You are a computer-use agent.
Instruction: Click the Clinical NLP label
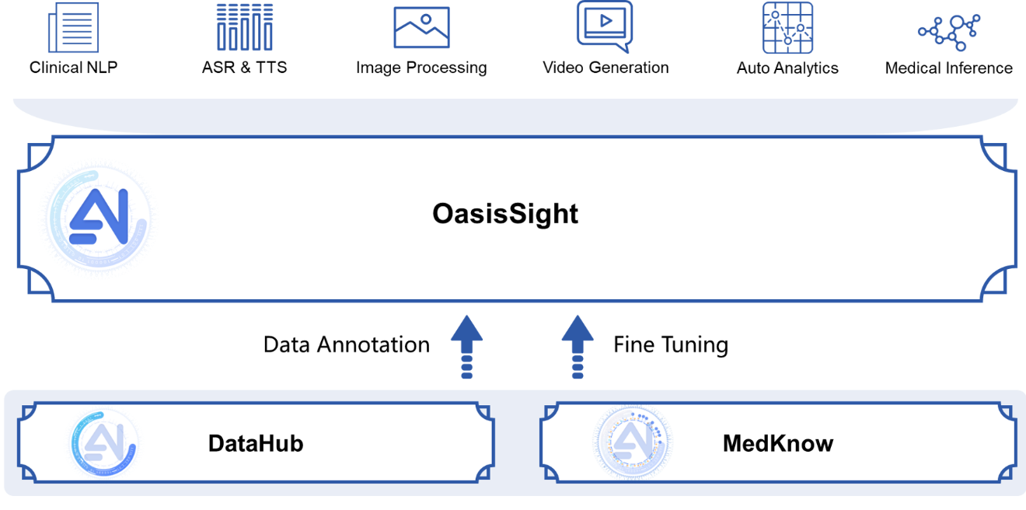[x=73, y=68]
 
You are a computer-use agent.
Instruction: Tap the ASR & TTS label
[x=244, y=68]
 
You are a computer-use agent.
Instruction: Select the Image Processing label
[x=421, y=68]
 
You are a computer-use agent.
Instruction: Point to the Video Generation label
[x=605, y=68]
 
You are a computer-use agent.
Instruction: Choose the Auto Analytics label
[x=787, y=68]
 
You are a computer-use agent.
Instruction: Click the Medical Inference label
[x=948, y=68]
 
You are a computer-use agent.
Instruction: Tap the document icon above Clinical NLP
[x=73, y=27]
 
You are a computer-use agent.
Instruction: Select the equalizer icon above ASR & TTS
[x=244, y=27]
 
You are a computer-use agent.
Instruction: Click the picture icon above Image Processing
[x=421, y=28]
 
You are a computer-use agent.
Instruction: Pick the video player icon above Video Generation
[x=604, y=26]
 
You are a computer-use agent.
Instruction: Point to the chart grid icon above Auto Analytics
[x=787, y=28]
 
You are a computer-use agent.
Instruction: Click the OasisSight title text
[x=505, y=214]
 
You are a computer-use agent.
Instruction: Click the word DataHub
[x=255, y=444]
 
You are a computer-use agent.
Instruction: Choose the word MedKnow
[x=777, y=444]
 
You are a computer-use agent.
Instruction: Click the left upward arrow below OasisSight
[x=466, y=346]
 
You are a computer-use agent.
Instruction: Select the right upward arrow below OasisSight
[x=578, y=346]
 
